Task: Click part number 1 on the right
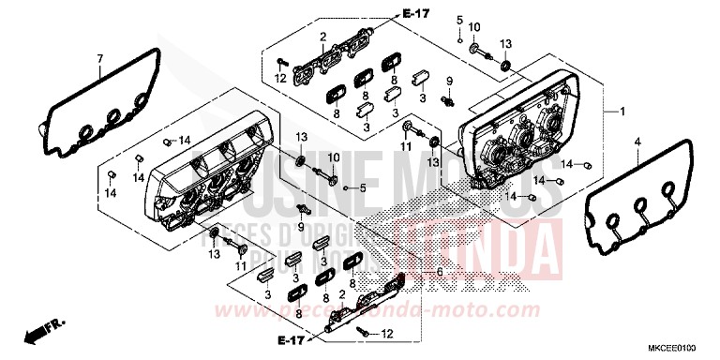(621, 111)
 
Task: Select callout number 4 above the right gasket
(637, 142)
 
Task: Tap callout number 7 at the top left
(99, 60)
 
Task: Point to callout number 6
(437, 272)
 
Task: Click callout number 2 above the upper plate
(322, 37)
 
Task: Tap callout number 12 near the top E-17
(280, 77)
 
